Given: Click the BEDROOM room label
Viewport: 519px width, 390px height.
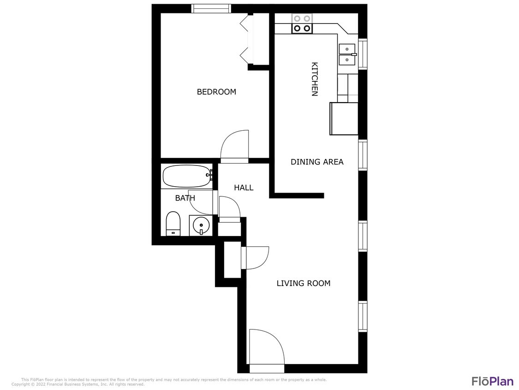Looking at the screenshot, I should (x=216, y=92).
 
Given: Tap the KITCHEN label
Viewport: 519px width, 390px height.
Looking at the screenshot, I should (x=315, y=79).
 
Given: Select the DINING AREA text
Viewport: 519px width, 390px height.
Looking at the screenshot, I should (x=317, y=162).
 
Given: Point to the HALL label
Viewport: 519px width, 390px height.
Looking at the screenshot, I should (x=244, y=188).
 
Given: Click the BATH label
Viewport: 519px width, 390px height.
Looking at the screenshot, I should (x=185, y=198).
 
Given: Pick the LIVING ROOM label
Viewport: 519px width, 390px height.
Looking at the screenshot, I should (x=304, y=283).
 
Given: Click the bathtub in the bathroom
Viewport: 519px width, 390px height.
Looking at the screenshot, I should (x=186, y=176).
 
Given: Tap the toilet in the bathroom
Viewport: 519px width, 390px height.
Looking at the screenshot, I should (x=173, y=224).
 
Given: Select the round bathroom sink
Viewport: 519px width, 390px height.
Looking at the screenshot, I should (x=201, y=226).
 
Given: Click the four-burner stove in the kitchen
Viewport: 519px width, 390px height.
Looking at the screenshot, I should (x=302, y=24).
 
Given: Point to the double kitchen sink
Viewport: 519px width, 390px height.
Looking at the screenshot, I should (x=347, y=55).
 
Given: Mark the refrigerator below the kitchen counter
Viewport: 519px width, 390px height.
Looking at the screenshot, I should (x=344, y=119).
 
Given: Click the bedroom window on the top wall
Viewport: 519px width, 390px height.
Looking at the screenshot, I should (x=210, y=8).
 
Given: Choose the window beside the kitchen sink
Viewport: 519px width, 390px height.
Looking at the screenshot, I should (x=363, y=54).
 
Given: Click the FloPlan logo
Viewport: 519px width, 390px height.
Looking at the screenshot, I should (x=492, y=381).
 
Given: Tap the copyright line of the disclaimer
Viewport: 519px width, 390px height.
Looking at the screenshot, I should (x=78, y=384).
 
